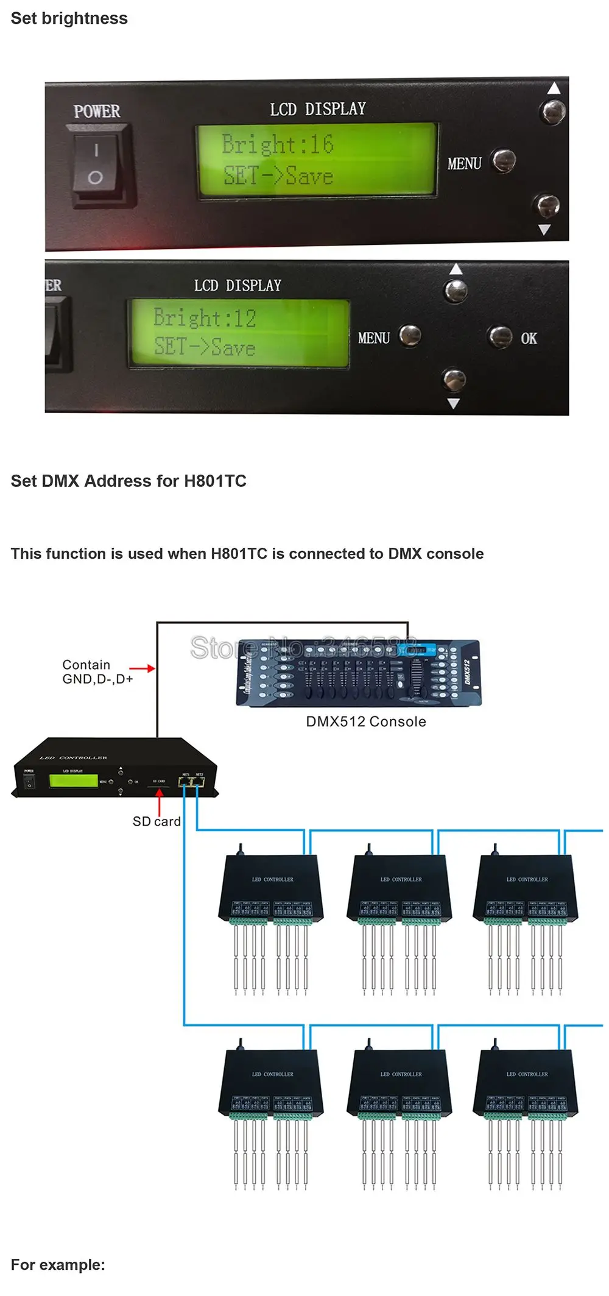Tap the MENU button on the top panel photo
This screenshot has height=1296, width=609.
click(504, 161)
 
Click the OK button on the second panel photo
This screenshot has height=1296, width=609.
click(501, 336)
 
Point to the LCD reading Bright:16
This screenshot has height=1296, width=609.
click(316, 160)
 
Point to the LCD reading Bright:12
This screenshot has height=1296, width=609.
click(238, 333)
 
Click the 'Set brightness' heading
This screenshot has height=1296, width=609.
click(69, 18)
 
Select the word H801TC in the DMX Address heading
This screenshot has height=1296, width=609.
click(215, 481)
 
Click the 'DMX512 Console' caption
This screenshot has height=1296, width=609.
click(366, 721)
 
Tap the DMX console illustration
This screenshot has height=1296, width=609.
click(359, 673)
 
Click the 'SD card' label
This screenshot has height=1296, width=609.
click(157, 821)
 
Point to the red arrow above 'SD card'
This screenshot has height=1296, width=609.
click(160, 801)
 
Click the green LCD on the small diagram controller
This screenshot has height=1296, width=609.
click(74, 781)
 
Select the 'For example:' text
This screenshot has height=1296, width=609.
click(58, 1264)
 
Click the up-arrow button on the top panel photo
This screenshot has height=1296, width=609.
click(553, 112)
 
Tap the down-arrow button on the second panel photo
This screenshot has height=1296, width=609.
click(454, 380)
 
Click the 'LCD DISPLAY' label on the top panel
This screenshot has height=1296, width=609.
click(318, 109)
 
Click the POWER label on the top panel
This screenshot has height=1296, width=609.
click(97, 112)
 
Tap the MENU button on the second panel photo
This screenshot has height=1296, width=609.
click(409, 335)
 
